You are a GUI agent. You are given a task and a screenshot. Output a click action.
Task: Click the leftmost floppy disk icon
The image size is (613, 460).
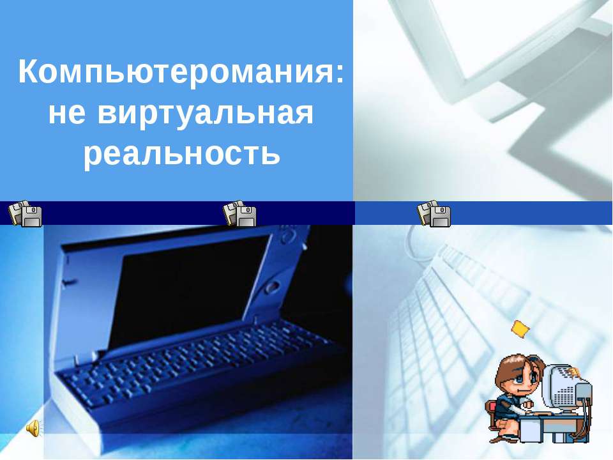tap(26, 213)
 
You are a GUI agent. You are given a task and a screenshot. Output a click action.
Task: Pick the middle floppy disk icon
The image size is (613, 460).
tap(239, 213)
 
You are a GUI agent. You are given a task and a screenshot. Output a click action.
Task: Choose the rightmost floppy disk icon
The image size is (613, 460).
tap(434, 213)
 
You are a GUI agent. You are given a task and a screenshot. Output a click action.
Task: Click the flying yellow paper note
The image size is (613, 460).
tap(520, 328)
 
